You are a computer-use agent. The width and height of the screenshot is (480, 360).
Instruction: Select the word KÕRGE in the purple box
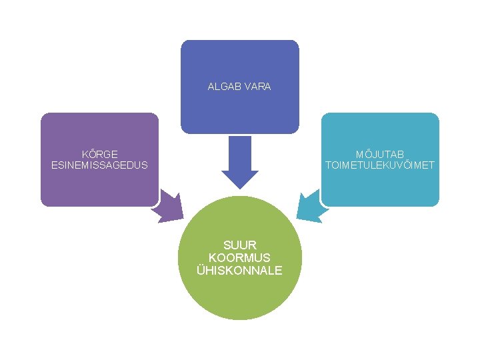point(99,154)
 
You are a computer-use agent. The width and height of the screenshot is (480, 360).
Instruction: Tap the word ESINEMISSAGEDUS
point(99,165)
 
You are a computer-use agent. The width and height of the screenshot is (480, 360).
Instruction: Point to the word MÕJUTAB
point(379,154)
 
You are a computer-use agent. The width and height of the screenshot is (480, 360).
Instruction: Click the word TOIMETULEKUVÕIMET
point(379,165)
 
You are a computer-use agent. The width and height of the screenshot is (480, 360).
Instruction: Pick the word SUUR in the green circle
point(240,245)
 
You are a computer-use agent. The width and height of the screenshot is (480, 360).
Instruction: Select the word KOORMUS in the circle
point(240,257)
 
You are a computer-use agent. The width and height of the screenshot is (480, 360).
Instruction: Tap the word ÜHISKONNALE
point(240,270)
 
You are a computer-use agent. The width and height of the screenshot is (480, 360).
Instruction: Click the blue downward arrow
point(240,163)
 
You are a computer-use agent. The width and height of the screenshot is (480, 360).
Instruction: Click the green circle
point(240,293)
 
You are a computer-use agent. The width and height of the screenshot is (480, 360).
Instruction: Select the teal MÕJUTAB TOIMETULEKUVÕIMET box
point(380,187)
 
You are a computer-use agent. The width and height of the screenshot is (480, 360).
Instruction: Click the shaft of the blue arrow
point(240,152)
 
